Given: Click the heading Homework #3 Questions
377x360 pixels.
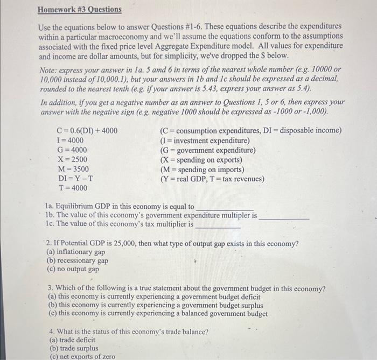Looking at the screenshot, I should (80, 10).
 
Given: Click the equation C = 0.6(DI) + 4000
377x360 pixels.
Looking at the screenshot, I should (87, 130).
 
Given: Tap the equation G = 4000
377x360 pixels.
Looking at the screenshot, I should (72, 150).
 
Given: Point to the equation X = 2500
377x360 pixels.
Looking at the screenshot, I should (72, 159).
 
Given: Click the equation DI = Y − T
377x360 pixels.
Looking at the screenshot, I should (75, 179).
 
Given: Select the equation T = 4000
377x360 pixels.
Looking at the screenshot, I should (72, 188).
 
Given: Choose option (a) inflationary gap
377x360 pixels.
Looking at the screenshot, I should (76, 252).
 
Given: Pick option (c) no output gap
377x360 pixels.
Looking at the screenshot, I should (73, 269).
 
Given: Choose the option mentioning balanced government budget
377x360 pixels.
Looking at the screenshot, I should (158, 314).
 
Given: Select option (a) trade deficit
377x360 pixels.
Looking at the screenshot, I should (72, 340).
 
